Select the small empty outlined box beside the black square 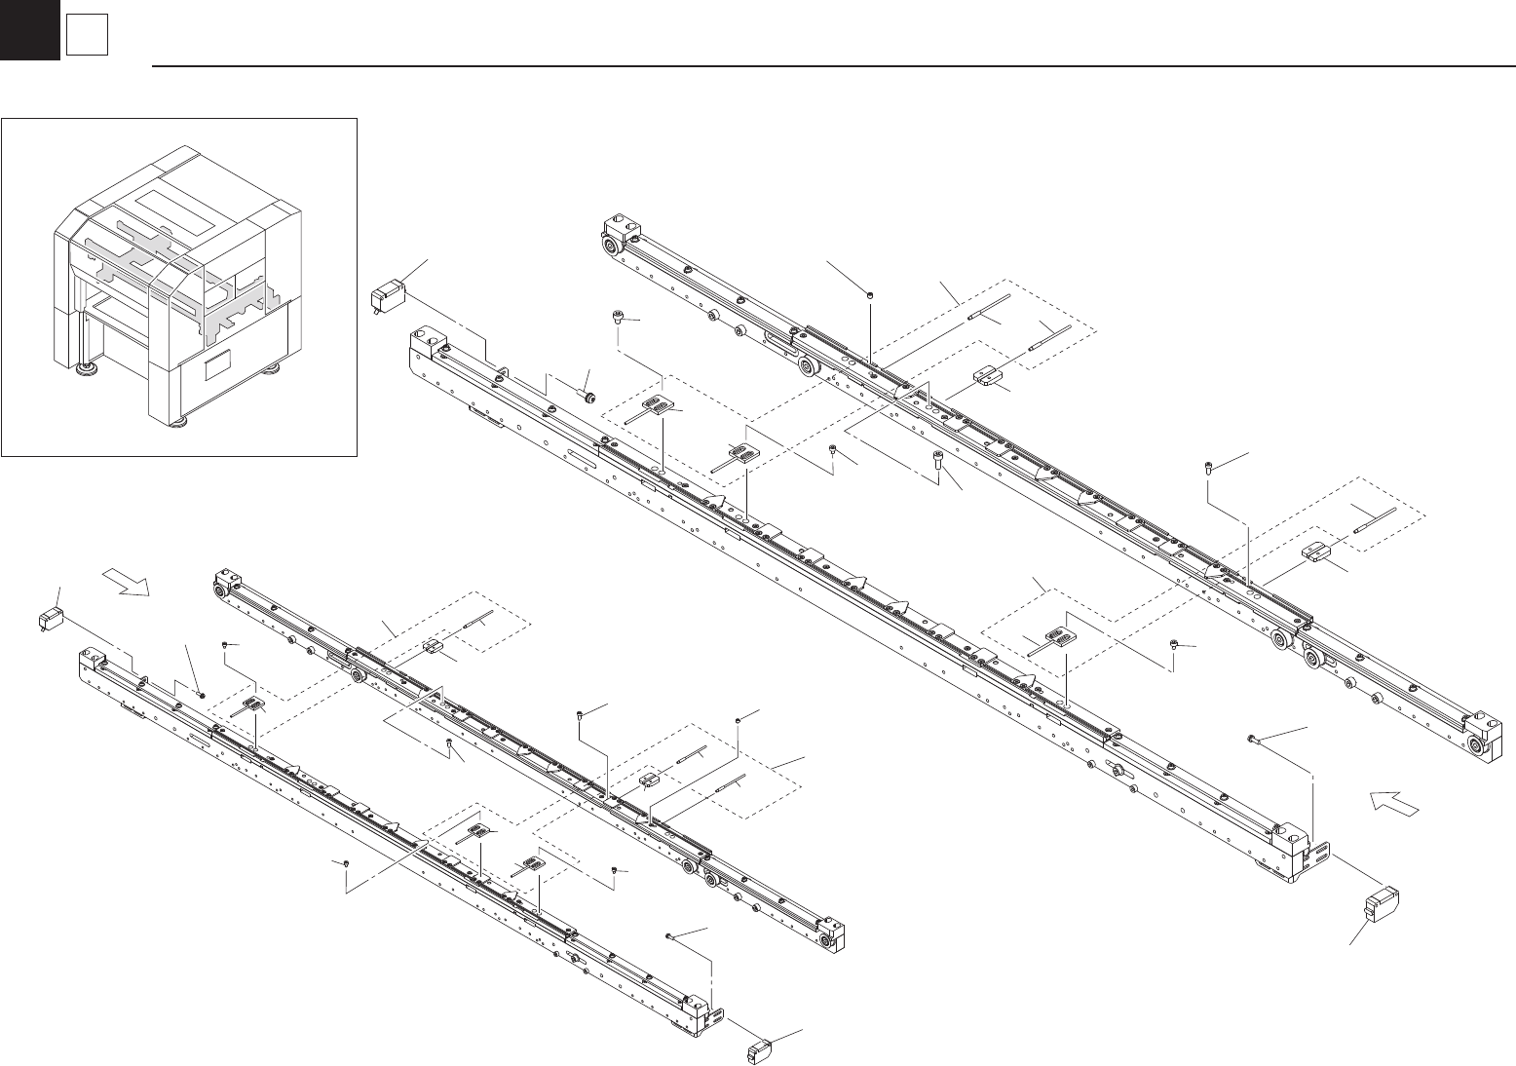pos(86,37)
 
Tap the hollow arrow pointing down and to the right pos(129,583)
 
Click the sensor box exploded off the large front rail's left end pos(393,293)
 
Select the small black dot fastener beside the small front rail pos(201,695)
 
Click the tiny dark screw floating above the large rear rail pos(869,292)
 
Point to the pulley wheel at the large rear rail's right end pos(1481,747)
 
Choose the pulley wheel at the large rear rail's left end pos(611,247)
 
